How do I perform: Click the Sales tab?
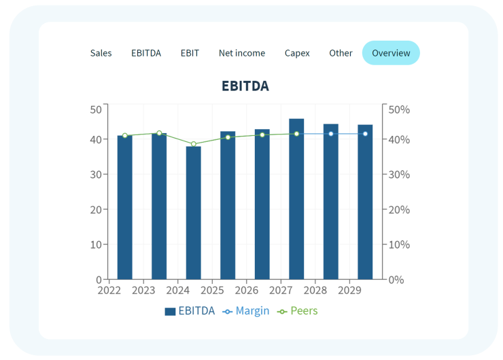tap(101, 53)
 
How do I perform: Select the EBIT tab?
tap(190, 53)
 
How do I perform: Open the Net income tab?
tap(242, 53)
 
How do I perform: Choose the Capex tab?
tap(297, 53)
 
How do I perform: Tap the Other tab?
tap(341, 53)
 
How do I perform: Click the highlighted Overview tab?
tap(391, 53)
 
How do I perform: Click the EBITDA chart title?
tap(245, 86)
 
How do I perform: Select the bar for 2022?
tap(125, 207)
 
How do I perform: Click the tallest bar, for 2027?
tap(296, 199)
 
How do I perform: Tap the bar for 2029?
tap(365, 202)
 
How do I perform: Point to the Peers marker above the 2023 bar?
tap(159, 133)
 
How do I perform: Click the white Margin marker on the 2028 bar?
tap(331, 134)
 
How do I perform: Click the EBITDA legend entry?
tap(190, 311)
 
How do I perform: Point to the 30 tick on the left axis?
tap(96, 175)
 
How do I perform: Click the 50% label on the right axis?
tap(400, 109)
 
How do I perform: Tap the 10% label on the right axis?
tap(400, 245)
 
